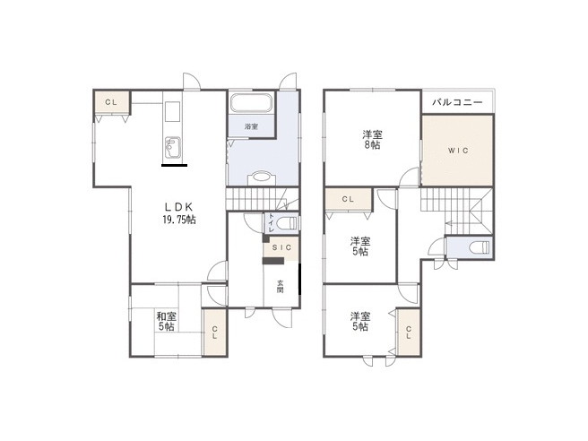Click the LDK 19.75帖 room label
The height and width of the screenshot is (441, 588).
[x=179, y=212]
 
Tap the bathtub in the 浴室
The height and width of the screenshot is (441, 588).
[x=251, y=103]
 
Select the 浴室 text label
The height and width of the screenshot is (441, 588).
[x=251, y=126]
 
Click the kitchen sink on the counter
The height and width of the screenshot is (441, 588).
[x=172, y=147]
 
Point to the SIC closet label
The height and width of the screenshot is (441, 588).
[x=281, y=248]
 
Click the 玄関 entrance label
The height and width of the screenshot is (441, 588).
[x=281, y=287]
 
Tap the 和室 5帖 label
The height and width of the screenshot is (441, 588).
[x=166, y=321]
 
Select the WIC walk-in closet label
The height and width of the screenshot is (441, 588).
[x=458, y=151]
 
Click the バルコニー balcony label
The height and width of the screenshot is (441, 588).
[x=457, y=102]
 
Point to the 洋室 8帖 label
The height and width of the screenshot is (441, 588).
[x=372, y=140]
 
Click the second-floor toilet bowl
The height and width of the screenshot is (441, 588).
[x=480, y=247]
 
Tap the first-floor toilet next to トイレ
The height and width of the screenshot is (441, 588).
[x=288, y=224]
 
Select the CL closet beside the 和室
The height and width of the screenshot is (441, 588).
[x=215, y=333]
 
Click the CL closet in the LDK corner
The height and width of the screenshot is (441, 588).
[x=111, y=102]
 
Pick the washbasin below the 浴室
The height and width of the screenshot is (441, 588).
[x=262, y=177]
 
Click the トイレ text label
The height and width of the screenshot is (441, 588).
[x=271, y=223]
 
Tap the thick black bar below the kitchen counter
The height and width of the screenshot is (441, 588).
[x=174, y=165]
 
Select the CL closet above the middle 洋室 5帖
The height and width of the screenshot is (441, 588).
[x=349, y=200]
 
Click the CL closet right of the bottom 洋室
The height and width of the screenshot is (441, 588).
[x=409, y=332]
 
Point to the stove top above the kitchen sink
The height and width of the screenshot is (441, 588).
[x=172, y=111]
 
